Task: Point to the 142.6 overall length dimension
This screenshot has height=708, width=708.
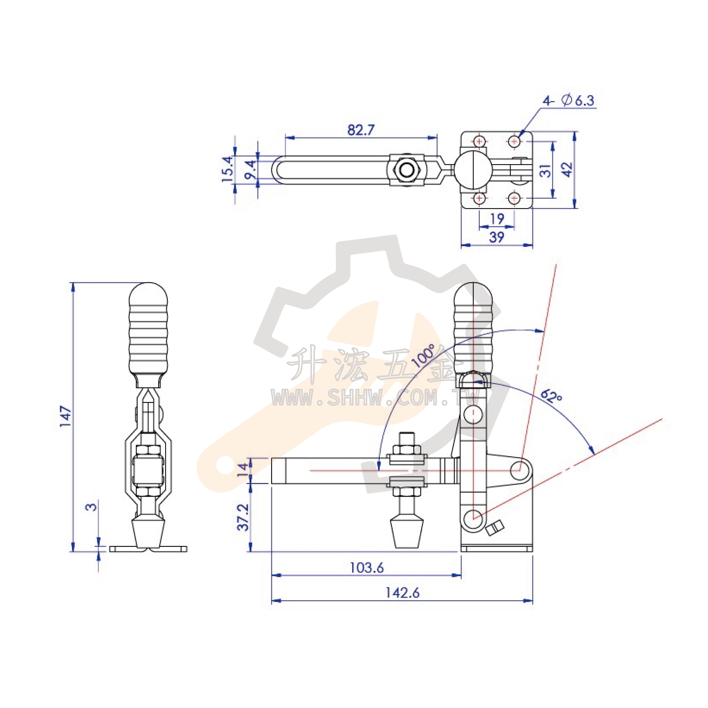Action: (x=402, y=593)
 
